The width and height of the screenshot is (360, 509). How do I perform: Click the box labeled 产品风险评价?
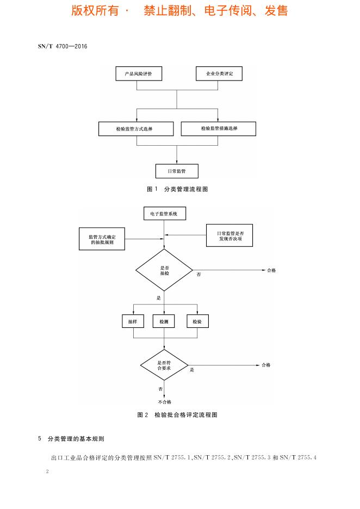pyautogui.click(x=138, y=73)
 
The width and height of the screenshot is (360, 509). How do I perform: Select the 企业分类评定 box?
pyautogui.click(x=219, y=73)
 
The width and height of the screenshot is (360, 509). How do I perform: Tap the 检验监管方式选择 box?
pyautogui.click(x=136, y=129)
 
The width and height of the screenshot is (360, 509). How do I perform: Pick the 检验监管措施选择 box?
pyautogui.click(x=219, y=128)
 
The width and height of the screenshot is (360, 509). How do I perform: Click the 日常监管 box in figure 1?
pyautogui.click(x=177, y=171)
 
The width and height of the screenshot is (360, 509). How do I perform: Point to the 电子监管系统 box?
pyautogui.click(x=164, y=214)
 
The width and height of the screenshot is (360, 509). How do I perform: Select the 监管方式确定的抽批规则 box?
pyautogui.click(x=102, y=238)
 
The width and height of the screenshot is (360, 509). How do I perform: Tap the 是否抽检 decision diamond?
pyautogui.click(x=164, y=270)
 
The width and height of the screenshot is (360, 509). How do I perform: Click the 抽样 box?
pyautogui.click(x=133, y=321)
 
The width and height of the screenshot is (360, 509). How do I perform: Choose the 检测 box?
pyautogui.click(x=164, y=321)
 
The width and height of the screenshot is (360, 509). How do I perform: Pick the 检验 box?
pyautogui.click(x=197, y=321)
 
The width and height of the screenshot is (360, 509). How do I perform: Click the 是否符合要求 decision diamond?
pyautogui.click(x=164, y=365)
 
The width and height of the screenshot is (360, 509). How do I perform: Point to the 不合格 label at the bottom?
pyautogui.click(x=164, y=402)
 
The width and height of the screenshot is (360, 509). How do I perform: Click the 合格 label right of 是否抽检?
pyautogui.click(x=272, y=270)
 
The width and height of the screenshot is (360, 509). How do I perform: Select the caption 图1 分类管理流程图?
pyautogui.click(x=177, y=189)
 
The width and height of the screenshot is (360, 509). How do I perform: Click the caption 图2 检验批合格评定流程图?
pyautogui.click(x=177, y=414)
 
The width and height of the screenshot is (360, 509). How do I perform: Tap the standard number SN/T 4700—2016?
pyautogui.click(x=63, y=46)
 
